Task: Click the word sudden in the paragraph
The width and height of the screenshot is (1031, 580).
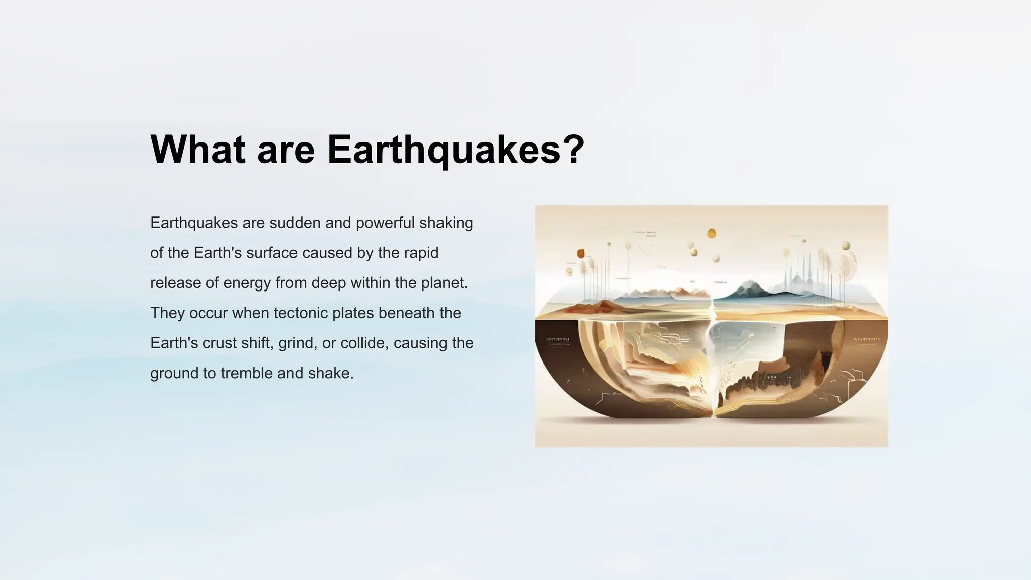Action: tap(295, 223)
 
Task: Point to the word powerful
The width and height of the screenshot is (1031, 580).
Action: tap(385, 223)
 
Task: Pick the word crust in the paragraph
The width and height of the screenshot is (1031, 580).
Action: tap(219, 343)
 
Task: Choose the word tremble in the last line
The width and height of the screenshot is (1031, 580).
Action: tap(247, 374)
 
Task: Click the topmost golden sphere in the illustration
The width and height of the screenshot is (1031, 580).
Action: tap(712, 233)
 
